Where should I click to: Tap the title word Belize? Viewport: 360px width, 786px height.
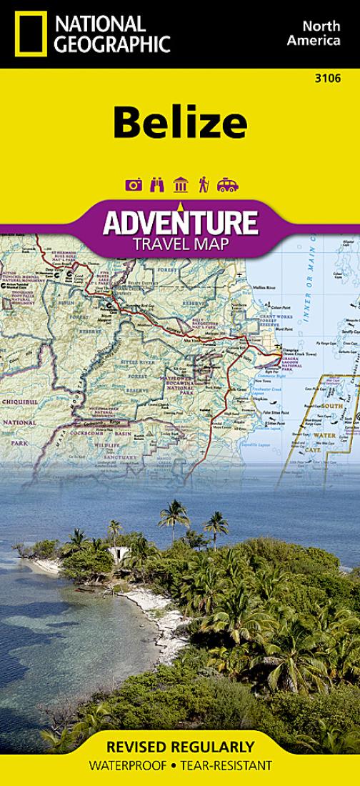pyautogui.click(x=179, y=123)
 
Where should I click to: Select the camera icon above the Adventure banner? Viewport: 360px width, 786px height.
pyautogui.click(x=134, y=185)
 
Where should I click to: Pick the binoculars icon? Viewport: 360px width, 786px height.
pyautogui.click(x=157, y=185)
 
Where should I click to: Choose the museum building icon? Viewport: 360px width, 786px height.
pyautogui.click(x=181, y=185)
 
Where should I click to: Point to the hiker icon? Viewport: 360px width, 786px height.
pyautogui.click(x=204, y=185)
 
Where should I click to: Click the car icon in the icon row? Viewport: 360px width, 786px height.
pyautogui.click(x=227, y=185)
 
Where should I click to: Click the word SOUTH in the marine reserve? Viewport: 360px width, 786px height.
pyautogui.click(x=331, y=406)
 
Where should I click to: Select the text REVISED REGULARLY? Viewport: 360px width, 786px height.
pyautogui.click(x=179, y=747)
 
